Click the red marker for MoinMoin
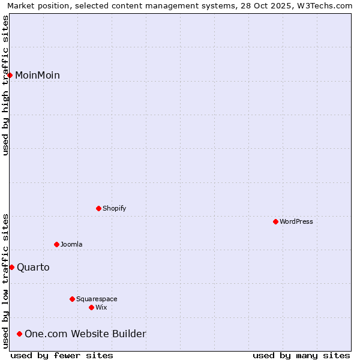pyautogui.click(x=10, y=75)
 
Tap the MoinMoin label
pyautogui.click(x=37, y=76)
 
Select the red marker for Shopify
pyautogui.click(x=98, y=208)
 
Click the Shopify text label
pyautogui.click(x=114, y=209)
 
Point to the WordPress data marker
pyautogui.click(x=275, y=221)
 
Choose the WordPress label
pyautogui.click(x=296, y=222)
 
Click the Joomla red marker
pyautogui.click(x=56, y=244)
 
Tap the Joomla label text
pyautogui.click(x=71, y=245)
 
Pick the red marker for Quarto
pyautogui.click(x=11, y=267)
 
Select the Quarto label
pyautogui.click(x=33, y=268)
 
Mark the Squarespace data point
pyautogui.click(x=72, y=299)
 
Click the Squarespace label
pyautogui.click(x=97, y=299)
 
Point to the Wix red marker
pyautogui.click(x=91, y=307)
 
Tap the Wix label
pyautogui.click(x=101, y=308)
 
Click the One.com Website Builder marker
pyautogui.click(x=20, y=334)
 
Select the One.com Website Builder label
pyautogui.click(x=85, y=334)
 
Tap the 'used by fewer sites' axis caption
pyautogui.click(x=62, y=355)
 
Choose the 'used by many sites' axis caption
pyautogui.click(x=301, y=355)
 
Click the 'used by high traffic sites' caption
pyautogui.click(x=5, y=85)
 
